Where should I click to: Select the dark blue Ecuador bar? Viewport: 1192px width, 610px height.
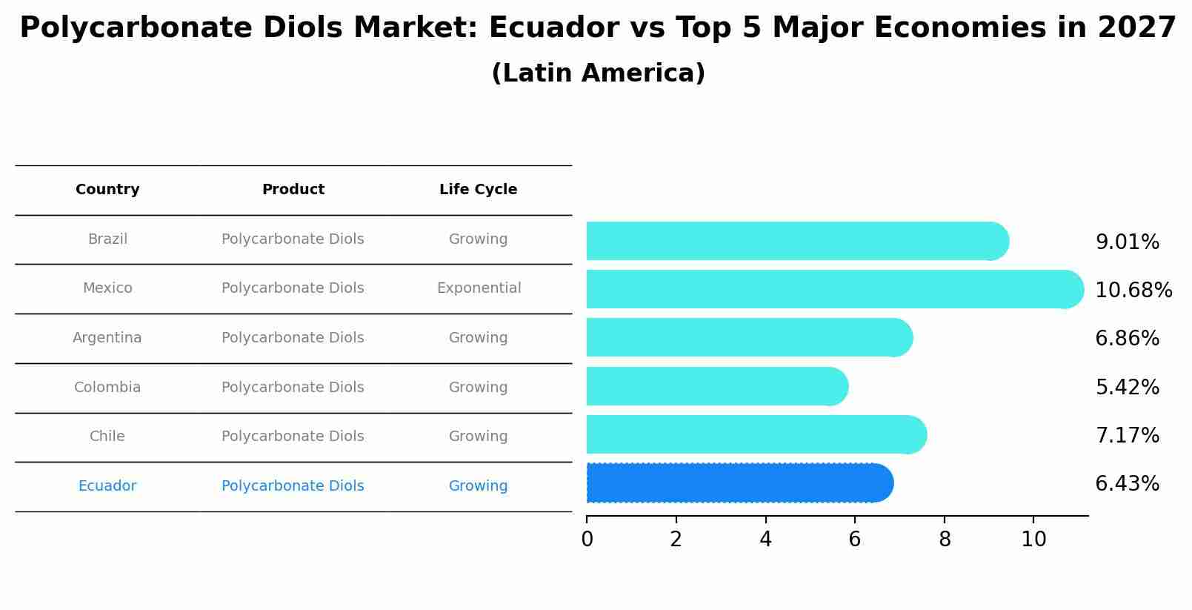[739, 483]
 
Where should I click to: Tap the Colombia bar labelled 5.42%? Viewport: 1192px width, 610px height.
[716, 386]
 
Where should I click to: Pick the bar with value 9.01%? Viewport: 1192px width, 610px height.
[796, 241]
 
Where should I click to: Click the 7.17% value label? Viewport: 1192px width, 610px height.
[1127, 435]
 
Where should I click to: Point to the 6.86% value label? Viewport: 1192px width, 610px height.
[1127, 339]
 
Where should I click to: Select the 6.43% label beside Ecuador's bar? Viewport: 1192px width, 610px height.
[1127, 484]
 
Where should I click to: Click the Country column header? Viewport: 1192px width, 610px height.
[107, 190]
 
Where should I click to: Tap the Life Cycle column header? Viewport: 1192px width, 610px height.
[478, 190]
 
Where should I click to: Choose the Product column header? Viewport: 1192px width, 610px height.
[293, 190]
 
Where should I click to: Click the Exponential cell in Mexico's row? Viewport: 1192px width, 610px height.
[479, 288]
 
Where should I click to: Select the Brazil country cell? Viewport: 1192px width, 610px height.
[107, 239]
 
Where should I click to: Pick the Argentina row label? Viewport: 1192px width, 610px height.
[107, 338]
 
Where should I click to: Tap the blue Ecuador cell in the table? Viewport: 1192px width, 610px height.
[107, 486]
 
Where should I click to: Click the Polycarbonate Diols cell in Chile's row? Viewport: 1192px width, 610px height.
[293, 437]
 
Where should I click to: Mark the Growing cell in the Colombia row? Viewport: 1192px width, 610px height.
[478, 388]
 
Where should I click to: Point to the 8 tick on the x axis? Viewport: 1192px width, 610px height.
[944, 540]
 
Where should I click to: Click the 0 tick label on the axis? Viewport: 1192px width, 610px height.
[587, 540]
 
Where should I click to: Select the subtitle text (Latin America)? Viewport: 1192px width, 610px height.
[598, 73]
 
